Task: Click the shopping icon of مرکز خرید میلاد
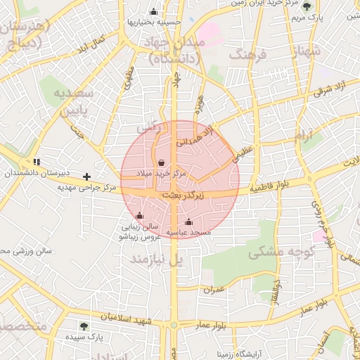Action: [x=163, y=161]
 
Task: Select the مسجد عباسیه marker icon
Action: [x=188, y=222]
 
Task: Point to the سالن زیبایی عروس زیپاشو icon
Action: [x=139, y=215]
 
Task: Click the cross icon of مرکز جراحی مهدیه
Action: [x=86, y=176]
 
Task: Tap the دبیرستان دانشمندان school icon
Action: [x=37, y=162]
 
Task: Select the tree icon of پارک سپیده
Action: [x=84, y=326]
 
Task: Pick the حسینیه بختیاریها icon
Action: [x=153, y=11]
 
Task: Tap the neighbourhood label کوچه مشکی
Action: [x=275, y=250]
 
